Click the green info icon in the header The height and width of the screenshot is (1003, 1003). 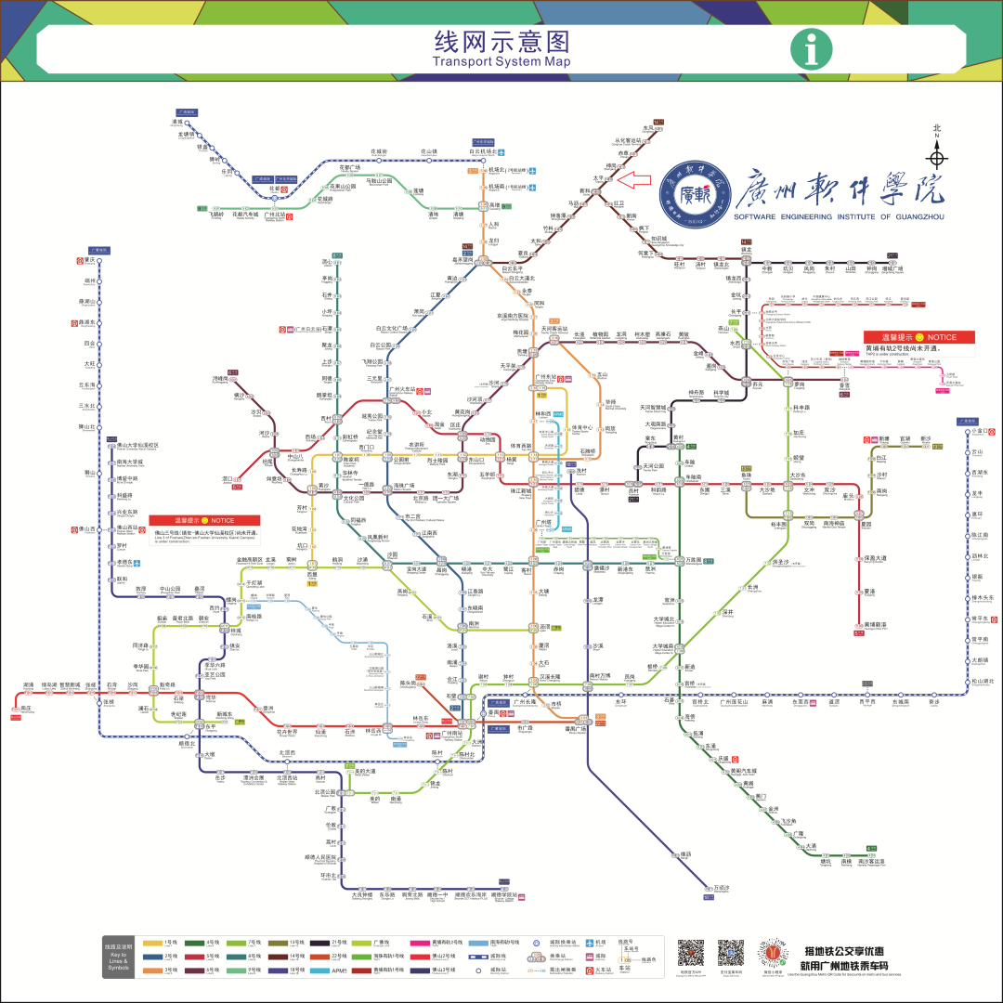(812, 48)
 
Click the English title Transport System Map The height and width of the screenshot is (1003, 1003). (501, 62)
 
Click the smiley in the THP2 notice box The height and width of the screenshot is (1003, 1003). (918, 337)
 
